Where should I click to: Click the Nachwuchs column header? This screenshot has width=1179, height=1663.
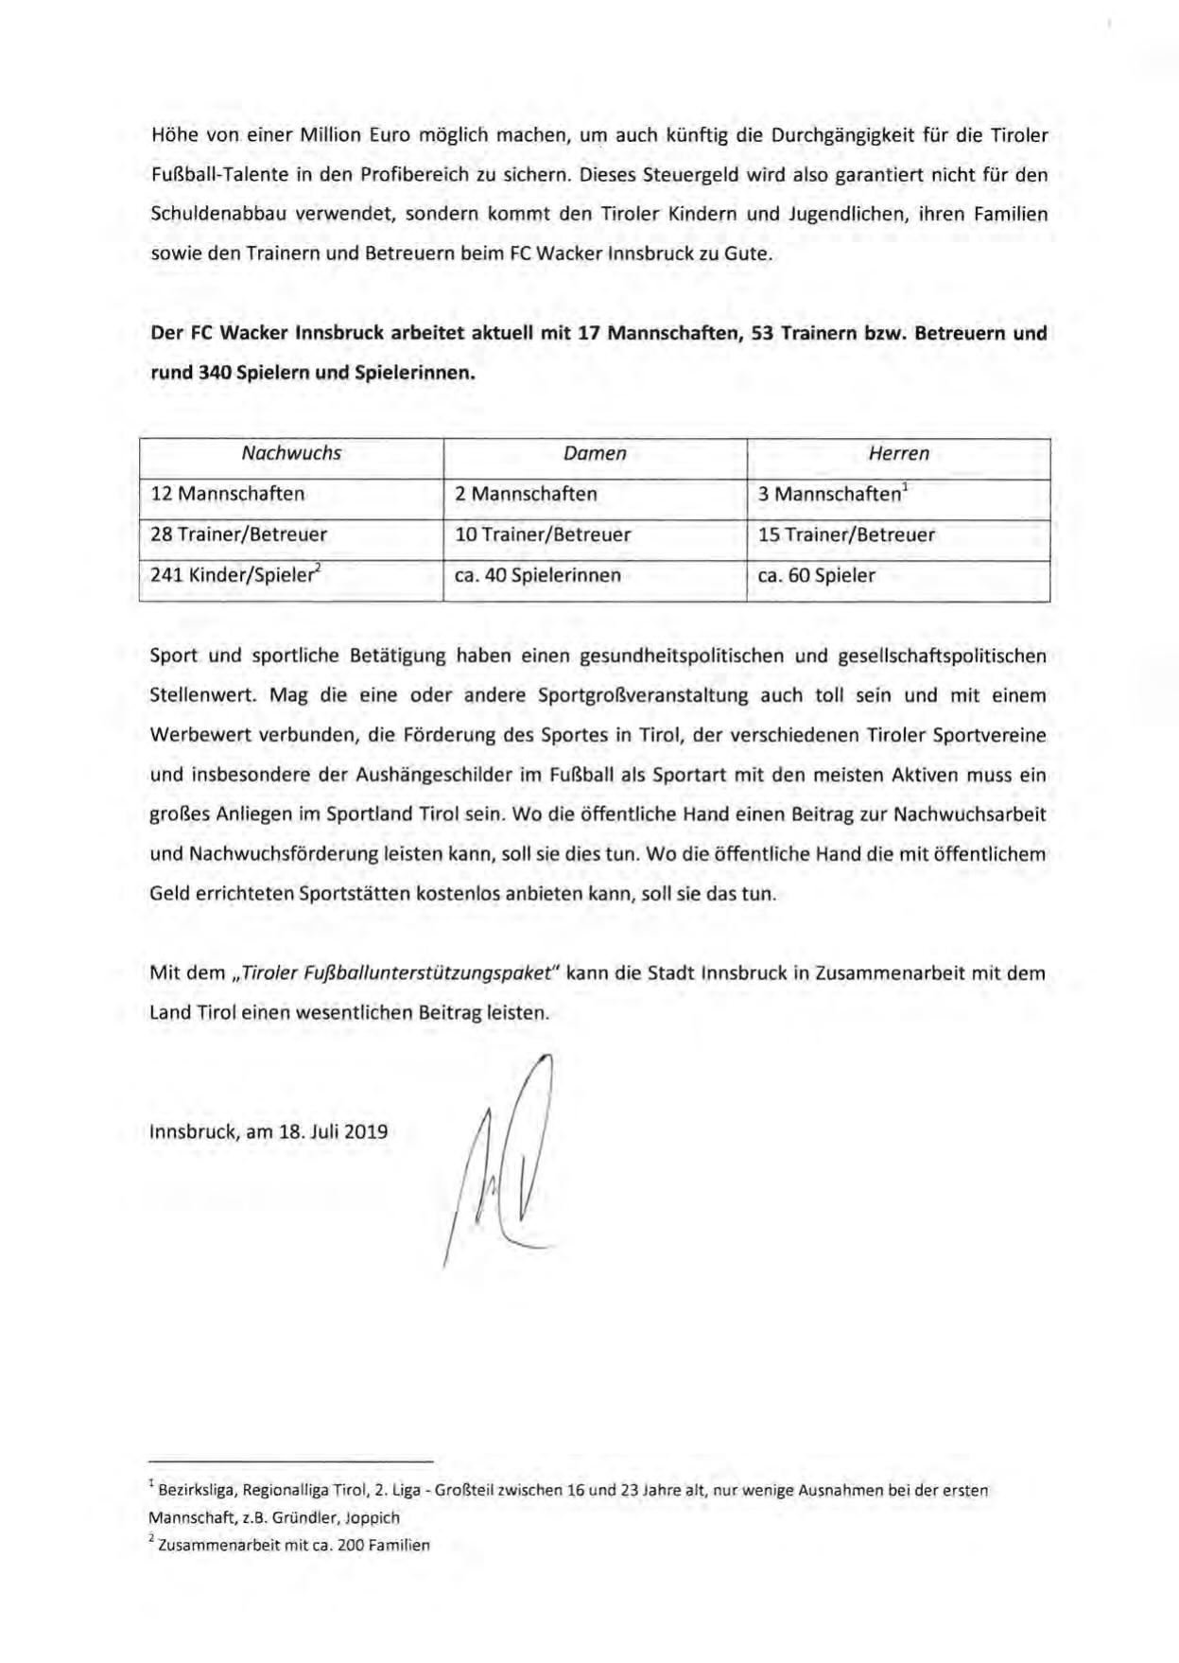pos(291,453)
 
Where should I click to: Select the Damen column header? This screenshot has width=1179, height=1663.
pos(595,453)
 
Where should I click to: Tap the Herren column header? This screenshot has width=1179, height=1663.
pos(898,453)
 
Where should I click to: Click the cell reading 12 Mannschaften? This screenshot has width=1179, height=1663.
pos(228,494)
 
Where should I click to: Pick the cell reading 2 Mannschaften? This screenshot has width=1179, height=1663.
pos(526,494)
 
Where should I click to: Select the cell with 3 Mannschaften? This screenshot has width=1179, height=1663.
pos(833,494)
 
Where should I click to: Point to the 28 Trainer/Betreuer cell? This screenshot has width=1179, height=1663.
pos(239,534)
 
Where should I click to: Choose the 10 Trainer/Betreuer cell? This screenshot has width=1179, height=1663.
pos(543,534)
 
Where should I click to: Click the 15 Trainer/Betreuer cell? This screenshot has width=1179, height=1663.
pos(846,534)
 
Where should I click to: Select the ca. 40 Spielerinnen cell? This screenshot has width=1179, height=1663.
pos(538,575)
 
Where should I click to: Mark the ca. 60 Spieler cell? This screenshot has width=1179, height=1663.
pos(817,575)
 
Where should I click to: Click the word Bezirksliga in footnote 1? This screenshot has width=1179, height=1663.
pos(197,1491)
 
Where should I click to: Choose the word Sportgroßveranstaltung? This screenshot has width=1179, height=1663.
pos(642,695)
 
